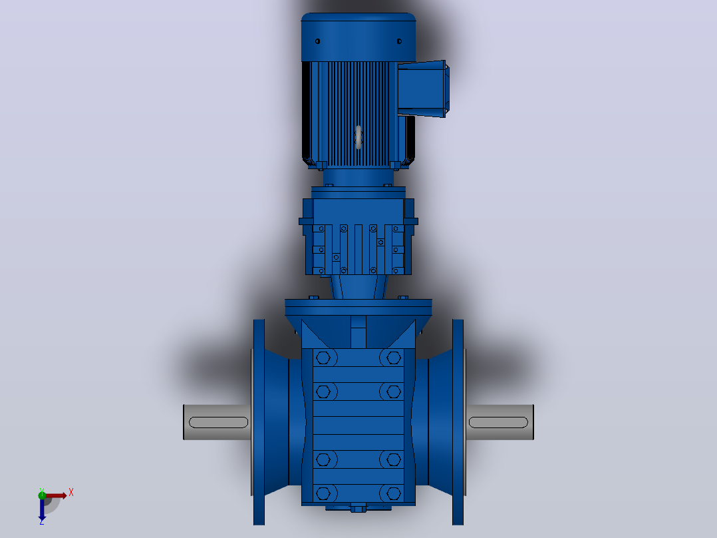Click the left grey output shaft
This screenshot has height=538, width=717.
(217, 422)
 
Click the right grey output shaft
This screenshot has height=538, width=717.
(500, 422)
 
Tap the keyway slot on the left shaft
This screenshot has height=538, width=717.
(219, 422)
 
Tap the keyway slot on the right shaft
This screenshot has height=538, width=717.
(498, 422)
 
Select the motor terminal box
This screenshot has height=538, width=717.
(423, 89)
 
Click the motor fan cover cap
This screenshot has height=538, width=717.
(358, 37)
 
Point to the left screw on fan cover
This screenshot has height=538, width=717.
(317, 41)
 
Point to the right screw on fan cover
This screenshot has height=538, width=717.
(399, 41)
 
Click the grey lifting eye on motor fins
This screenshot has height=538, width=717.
(358, 137)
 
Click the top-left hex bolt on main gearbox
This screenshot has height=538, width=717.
(323, 358)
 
